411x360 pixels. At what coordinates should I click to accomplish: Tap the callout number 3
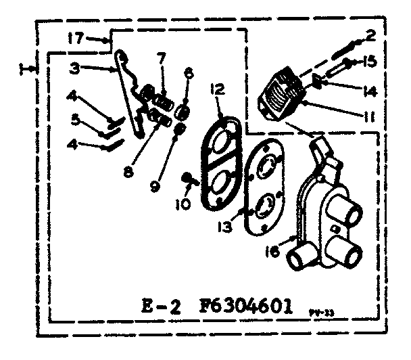(75, 68)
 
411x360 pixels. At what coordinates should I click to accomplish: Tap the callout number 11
(368, 117)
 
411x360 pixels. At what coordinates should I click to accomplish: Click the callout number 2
(370, 34)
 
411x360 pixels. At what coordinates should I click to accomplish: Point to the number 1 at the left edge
(24, 68)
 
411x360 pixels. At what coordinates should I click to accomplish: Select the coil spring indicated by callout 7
(162, 98)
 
